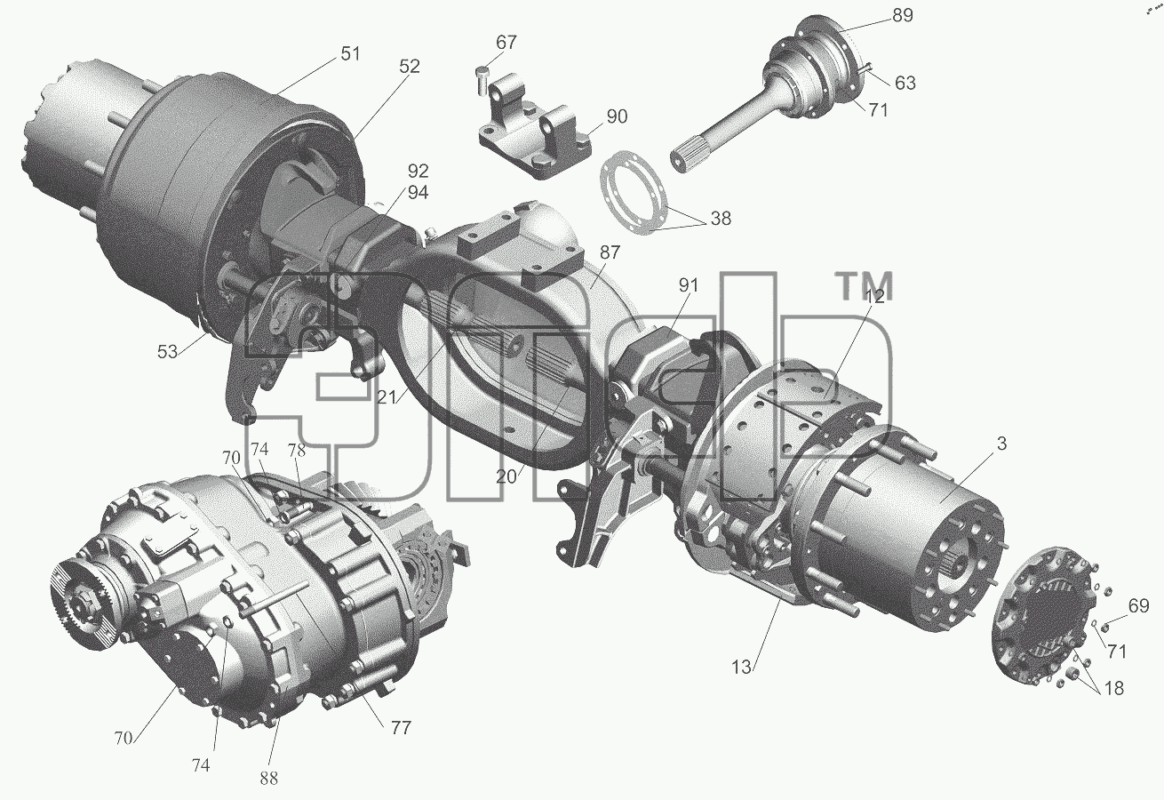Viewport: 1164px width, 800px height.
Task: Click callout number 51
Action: click(350, 53)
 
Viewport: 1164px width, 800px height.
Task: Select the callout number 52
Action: click(410, 66)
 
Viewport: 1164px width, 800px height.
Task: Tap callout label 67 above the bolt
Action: click(506, 42)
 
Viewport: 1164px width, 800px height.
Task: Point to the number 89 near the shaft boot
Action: click(903, 16)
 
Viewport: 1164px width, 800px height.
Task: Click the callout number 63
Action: click(905, 83)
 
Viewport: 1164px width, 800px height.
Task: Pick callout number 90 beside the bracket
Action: click(617, 116)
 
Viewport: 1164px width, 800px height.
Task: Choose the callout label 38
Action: click(721, 219)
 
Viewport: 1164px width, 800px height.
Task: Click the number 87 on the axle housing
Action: click(610, 252)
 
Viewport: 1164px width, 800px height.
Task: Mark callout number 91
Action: click(689, 285)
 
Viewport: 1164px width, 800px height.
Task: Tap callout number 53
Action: click(167, 352)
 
